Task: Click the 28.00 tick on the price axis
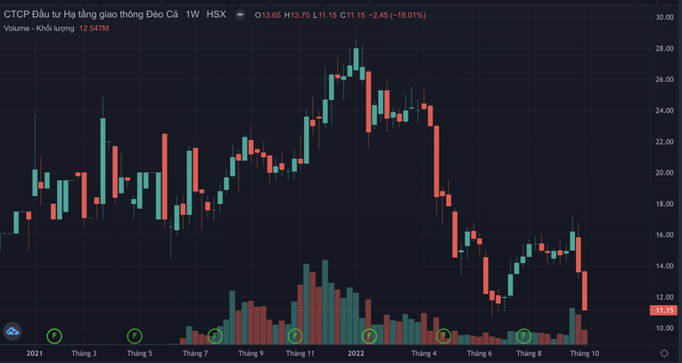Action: pos(663,48)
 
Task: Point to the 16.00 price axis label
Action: pos(663,235)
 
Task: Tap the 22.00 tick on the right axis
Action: pos(663,142)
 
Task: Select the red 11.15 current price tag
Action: pos(662,310)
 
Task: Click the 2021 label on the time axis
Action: pos(35,353)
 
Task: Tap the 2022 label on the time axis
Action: pos(356,353)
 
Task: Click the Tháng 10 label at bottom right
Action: pos(585,353)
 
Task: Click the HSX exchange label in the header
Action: pos(216,15)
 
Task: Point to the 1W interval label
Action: pos(193,15)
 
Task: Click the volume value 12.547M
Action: pos(92,29)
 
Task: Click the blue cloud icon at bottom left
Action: pos(12,332)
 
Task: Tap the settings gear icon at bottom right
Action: pos(663,353)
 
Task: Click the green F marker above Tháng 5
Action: pos(134,336)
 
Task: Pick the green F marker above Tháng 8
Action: pos(524,336)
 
